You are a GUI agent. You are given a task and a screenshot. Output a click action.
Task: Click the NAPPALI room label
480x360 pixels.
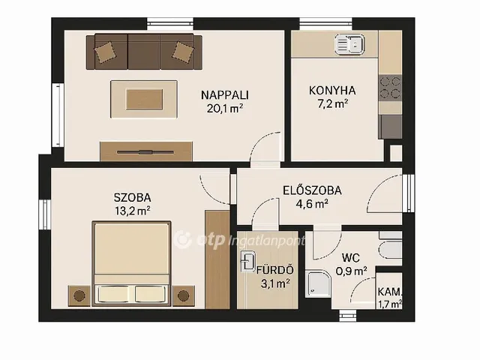point(225,95)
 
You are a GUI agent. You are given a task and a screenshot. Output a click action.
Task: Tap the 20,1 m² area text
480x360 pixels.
point(225,108)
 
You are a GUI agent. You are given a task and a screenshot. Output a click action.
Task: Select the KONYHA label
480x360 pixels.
point(332,91)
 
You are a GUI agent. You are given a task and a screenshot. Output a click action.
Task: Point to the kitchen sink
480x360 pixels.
point(350,44)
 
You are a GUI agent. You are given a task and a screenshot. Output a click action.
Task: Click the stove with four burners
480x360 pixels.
point(390,88)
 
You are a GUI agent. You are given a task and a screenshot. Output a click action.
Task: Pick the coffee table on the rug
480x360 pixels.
point(144,99)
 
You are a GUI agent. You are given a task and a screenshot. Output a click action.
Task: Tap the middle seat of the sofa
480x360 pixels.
point(144,52)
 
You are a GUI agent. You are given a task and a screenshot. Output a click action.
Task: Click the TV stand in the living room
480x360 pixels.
point(146,151)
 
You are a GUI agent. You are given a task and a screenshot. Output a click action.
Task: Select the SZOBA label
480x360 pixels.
point(132,198)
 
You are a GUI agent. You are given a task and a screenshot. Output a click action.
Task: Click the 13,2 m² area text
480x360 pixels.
point(132,211)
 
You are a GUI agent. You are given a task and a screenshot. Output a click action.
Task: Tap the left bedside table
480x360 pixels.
point(79,296)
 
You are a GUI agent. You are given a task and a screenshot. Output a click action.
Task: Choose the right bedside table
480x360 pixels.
point(184,296)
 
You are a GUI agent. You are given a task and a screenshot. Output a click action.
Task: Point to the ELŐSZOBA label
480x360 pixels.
point(312,190)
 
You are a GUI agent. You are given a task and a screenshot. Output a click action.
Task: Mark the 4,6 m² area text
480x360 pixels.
point(312,204)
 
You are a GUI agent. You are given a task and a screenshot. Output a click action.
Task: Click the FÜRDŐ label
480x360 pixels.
point(275,271)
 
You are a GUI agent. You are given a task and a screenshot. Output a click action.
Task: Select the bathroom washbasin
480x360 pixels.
point(248,262)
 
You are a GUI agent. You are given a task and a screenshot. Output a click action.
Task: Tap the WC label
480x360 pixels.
point(351,258)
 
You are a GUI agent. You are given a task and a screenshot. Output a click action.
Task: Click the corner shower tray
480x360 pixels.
point(318,283)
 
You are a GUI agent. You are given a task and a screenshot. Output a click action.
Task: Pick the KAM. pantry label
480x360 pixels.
point(389,292)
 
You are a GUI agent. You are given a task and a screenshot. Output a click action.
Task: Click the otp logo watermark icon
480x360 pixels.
point(183,240)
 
